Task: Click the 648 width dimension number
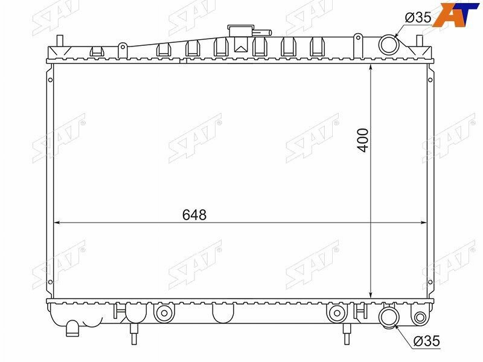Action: [x=194, y=215]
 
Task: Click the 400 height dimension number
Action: [x=363, y=141]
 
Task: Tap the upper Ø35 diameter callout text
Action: [x=418, y=17]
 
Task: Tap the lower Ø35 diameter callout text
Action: [x=427, y=341]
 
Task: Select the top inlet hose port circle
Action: [x=389, y=44]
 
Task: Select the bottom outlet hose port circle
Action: [x=389, y=317]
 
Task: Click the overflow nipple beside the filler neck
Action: [x=263, y=33]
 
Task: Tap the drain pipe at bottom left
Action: [x=72, y=328]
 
